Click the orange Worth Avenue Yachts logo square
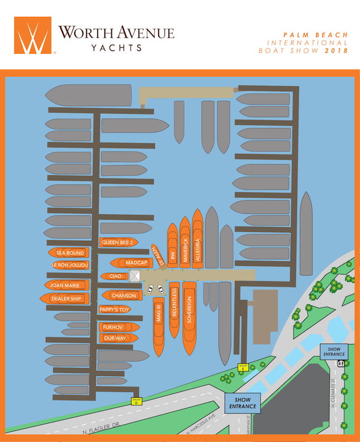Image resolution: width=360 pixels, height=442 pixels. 33,35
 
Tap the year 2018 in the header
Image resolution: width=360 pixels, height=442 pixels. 337,51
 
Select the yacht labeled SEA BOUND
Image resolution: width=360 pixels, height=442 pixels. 70,253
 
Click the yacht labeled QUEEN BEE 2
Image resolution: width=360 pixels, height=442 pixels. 119,242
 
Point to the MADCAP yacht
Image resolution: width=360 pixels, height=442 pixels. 132,262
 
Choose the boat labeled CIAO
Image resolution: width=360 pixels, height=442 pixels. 115,276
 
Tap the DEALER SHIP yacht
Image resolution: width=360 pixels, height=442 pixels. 66,299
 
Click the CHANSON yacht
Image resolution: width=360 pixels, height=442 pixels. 122,296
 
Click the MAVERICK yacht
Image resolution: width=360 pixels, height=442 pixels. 184,243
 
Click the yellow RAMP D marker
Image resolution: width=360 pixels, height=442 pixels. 137,401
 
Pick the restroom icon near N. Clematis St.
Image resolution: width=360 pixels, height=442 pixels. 341,363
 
